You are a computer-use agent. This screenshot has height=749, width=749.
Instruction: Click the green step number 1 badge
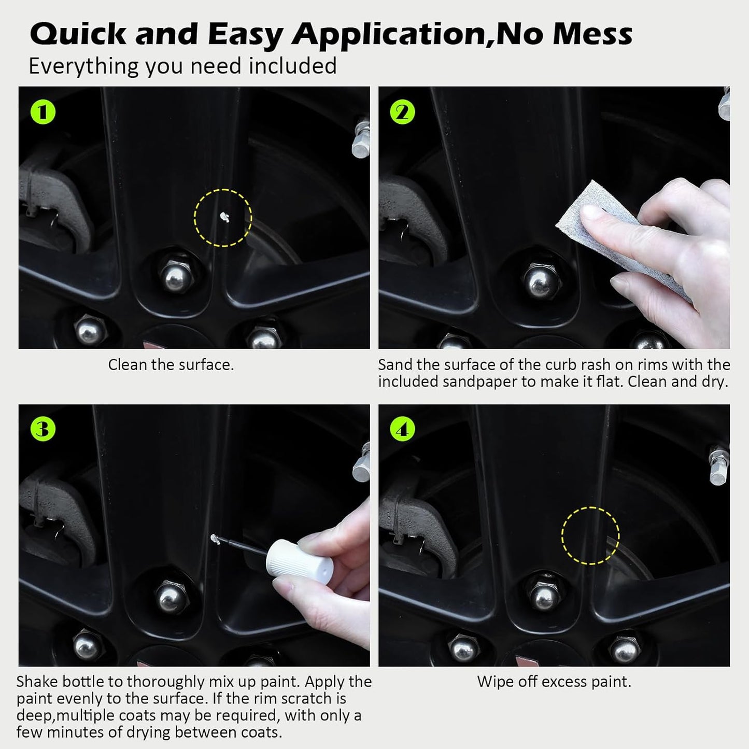click(43, 112)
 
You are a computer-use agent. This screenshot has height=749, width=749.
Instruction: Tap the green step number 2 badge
click(403, 112)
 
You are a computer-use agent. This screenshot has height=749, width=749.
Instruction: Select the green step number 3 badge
click(43, 429)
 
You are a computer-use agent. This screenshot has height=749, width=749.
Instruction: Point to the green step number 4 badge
click(403, 429)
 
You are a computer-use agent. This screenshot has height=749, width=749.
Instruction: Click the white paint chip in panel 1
click(224, 217)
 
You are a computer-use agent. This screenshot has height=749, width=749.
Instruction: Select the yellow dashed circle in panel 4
click(590, 536)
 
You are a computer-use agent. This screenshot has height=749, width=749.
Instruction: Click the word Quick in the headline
click(78, 34)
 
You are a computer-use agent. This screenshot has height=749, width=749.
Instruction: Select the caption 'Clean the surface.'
click(171, 365)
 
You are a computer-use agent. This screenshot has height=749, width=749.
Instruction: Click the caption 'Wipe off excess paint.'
click(554, 681)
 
